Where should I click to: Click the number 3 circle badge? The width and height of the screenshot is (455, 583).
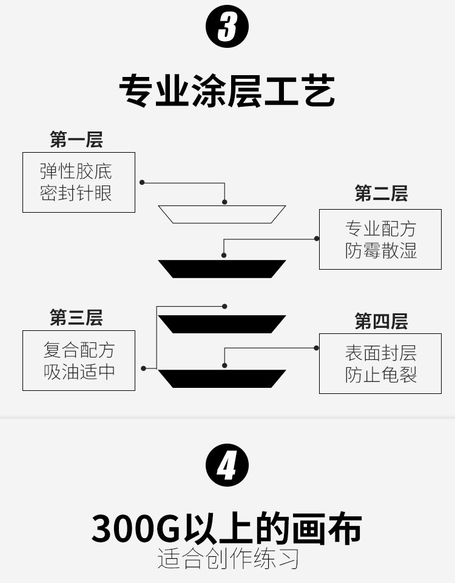tap(227, 27)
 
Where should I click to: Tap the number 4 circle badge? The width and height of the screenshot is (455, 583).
tap(227, 465)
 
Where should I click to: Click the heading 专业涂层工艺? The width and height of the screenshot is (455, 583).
tap(227, 91)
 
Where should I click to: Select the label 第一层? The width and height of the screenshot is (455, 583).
tap(76, 139)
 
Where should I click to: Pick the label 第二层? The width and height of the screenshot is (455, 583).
tap(381, 194)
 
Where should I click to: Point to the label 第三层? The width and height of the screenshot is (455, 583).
tap(76, 317)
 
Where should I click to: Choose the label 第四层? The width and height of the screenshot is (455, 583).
tap(381, 321)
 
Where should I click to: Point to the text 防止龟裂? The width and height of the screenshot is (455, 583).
tap(381, 375)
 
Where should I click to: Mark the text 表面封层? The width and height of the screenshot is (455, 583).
tap(381, 353)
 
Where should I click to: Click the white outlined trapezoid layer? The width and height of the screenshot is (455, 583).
tap(222, 215)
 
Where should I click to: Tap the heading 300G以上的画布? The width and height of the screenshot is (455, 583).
tap(227, 528)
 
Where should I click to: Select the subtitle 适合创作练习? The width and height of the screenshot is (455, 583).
tap(228, 558)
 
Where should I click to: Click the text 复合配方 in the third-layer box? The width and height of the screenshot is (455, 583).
tap(79, 350)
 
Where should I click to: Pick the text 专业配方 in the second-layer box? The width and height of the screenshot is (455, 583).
tap(381, 229)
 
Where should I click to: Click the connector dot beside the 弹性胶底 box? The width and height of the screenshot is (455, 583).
tap(142, 182)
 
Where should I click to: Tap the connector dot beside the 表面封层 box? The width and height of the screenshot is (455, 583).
tap(317, 348)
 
